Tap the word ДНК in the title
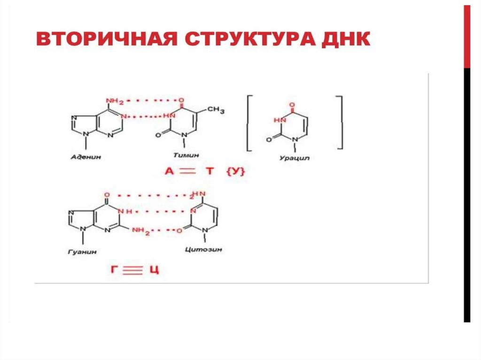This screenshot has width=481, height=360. pyautogui.click(x=346, y=39)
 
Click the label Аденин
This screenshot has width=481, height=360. pyautogui.click(x=86, y=157)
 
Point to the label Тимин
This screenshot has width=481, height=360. pyautogui.click(x=186, y=155)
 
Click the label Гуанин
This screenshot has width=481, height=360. pyautogui.click(x=85, y=252)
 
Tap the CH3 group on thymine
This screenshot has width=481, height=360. pyautogui.click(x=216, y=110)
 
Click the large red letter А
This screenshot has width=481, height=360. pyautogui.click(x=169, y=172)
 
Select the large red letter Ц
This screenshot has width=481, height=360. pyautogui.click(x=154, y=270)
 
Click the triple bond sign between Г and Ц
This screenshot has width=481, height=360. pyautogui.click(x=134, y=270)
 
